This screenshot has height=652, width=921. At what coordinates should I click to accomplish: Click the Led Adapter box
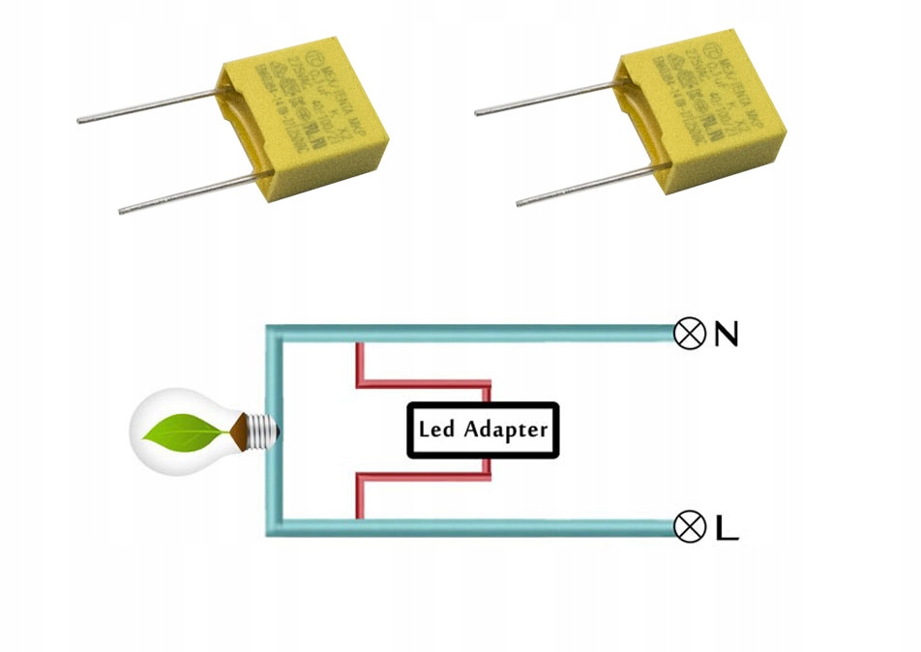(482, 430)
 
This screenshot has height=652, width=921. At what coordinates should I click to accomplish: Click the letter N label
(727, 335)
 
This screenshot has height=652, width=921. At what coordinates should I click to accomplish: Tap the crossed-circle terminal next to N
(689, 334)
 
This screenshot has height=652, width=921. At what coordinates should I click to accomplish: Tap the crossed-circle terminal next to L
(689, 527)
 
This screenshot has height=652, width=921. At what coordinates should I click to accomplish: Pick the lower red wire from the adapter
(426, 478)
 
